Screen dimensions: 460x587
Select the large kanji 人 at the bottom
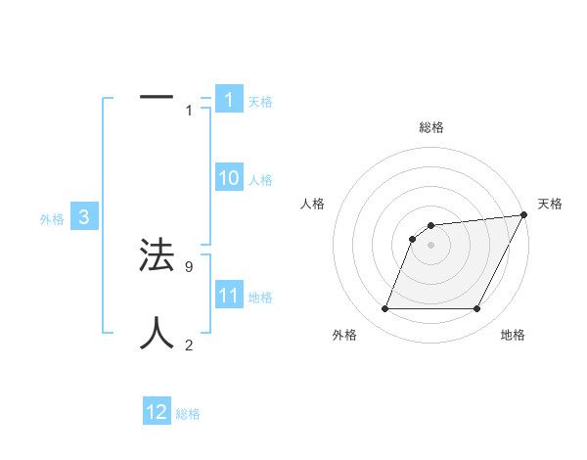(x=157, y=333)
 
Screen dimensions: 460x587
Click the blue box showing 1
(x=228, y=100)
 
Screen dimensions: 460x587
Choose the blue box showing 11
(x=228, y=295)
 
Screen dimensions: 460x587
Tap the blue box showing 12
(x=157, y=412)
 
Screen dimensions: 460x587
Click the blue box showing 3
(x=84, y=217)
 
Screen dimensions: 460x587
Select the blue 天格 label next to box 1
(x=260, y=102)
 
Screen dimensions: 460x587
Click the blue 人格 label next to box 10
(x=260, y=180)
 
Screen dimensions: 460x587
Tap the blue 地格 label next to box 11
(x=260, y=298)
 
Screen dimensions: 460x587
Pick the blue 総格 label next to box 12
(x=188, y=414)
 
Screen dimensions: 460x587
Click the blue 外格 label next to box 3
(x=52, y=220)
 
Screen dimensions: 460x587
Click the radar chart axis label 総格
(x=430, y=127)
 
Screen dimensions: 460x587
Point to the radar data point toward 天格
(x=523, y=215)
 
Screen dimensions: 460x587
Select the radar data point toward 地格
(x=476, y=309)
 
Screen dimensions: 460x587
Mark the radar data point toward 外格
(x=384, y=309)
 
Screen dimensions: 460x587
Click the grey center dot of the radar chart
(x=430, y=245)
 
